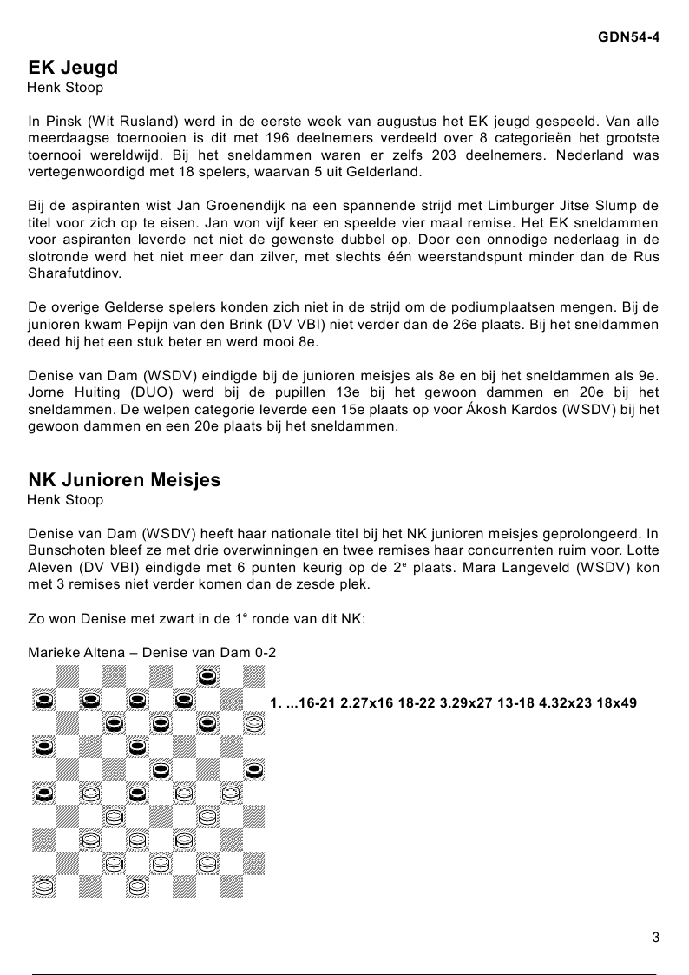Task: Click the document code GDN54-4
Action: click(x=628, y=37)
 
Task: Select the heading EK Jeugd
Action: click(x=73, y=68)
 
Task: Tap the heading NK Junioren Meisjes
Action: click(x=124, y=480)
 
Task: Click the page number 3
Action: click(x=655, y=937)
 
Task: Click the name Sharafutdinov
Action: click(x=73, y=273)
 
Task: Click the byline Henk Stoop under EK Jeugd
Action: click(x=65, y=88)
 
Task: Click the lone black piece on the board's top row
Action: click(x=207, y=675)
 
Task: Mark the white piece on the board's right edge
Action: click(x=253, y=721)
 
